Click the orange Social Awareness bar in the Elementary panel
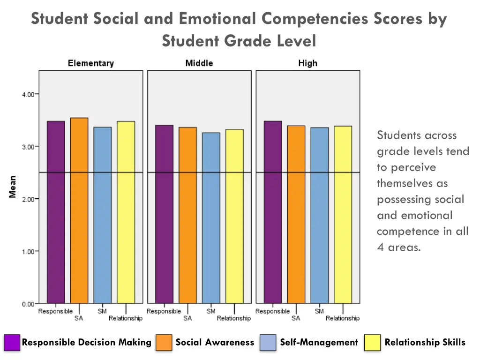[79, 211]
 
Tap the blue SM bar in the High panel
[319, 216]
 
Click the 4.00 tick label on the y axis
[28, 94]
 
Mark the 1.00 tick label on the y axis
[28, 251]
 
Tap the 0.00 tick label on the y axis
[28, 304]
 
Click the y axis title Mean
[13, 187]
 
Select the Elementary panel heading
[91, 63]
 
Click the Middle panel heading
[199, 63]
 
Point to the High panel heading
[307, 63]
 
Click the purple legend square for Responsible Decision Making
[12, 343]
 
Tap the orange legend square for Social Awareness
[165, 343]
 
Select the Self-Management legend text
[319, 343]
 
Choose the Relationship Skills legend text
[425, 343]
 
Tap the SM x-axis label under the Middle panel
[211, 311]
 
